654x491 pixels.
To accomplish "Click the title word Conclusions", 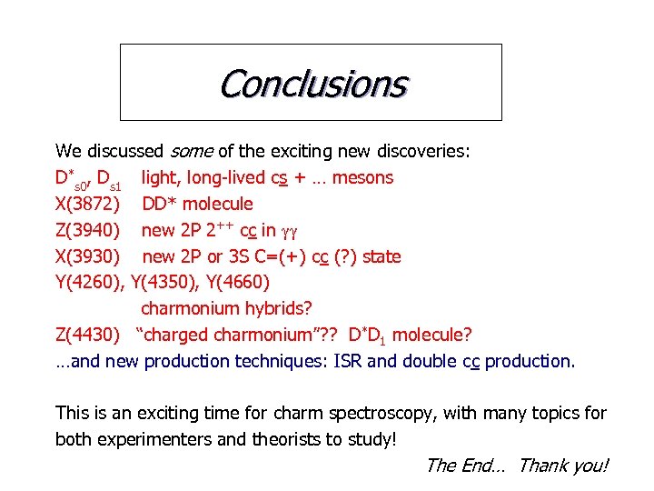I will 312,84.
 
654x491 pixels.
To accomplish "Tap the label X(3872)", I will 86,204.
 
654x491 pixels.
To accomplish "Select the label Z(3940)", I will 86,230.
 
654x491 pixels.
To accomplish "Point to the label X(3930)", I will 86,256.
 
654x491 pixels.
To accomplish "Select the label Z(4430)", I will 86,335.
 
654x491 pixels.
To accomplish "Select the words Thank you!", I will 563,466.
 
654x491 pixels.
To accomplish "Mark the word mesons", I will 362,177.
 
